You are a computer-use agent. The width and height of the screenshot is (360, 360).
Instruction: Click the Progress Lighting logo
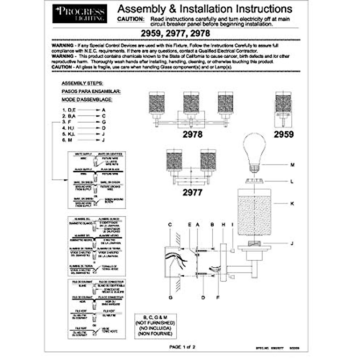[x=79, y=13]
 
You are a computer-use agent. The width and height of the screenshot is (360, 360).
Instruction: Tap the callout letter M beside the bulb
[x=292, y=165]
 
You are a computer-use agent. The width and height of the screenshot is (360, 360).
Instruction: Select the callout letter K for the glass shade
[x=292, y=204]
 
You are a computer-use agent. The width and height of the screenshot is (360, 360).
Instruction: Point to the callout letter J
[x=292, y=243]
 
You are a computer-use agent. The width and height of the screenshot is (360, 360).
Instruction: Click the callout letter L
[x=292, y=181]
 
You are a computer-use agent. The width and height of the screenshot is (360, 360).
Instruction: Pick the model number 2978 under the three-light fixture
[x=193, y=134]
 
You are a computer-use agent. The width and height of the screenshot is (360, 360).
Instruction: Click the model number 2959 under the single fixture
[x=283, y=134]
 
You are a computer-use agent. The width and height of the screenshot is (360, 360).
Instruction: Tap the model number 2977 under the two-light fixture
[x=193, y=192]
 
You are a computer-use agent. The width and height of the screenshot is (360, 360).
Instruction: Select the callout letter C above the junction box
[x=170, y=224]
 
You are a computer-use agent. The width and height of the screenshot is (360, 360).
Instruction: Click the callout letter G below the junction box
[x=170, y=298]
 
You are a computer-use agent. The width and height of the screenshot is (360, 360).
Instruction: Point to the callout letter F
[x=218, y=298]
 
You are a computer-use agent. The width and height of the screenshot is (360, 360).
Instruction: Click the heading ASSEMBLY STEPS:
[x=82, y=83]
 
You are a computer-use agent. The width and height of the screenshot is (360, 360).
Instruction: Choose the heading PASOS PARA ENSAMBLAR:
[x=91, y=91]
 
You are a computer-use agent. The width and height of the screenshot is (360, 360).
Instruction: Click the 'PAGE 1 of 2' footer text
[x=182, y=347]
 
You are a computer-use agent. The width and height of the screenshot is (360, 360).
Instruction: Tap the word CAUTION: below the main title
[x=131, y=19]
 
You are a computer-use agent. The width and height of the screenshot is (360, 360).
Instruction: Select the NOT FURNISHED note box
[x=155, y=326]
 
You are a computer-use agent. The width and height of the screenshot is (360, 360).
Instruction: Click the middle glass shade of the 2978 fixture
[x=192, y=103]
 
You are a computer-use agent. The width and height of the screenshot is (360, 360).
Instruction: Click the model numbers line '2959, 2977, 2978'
[x=175, y=33]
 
